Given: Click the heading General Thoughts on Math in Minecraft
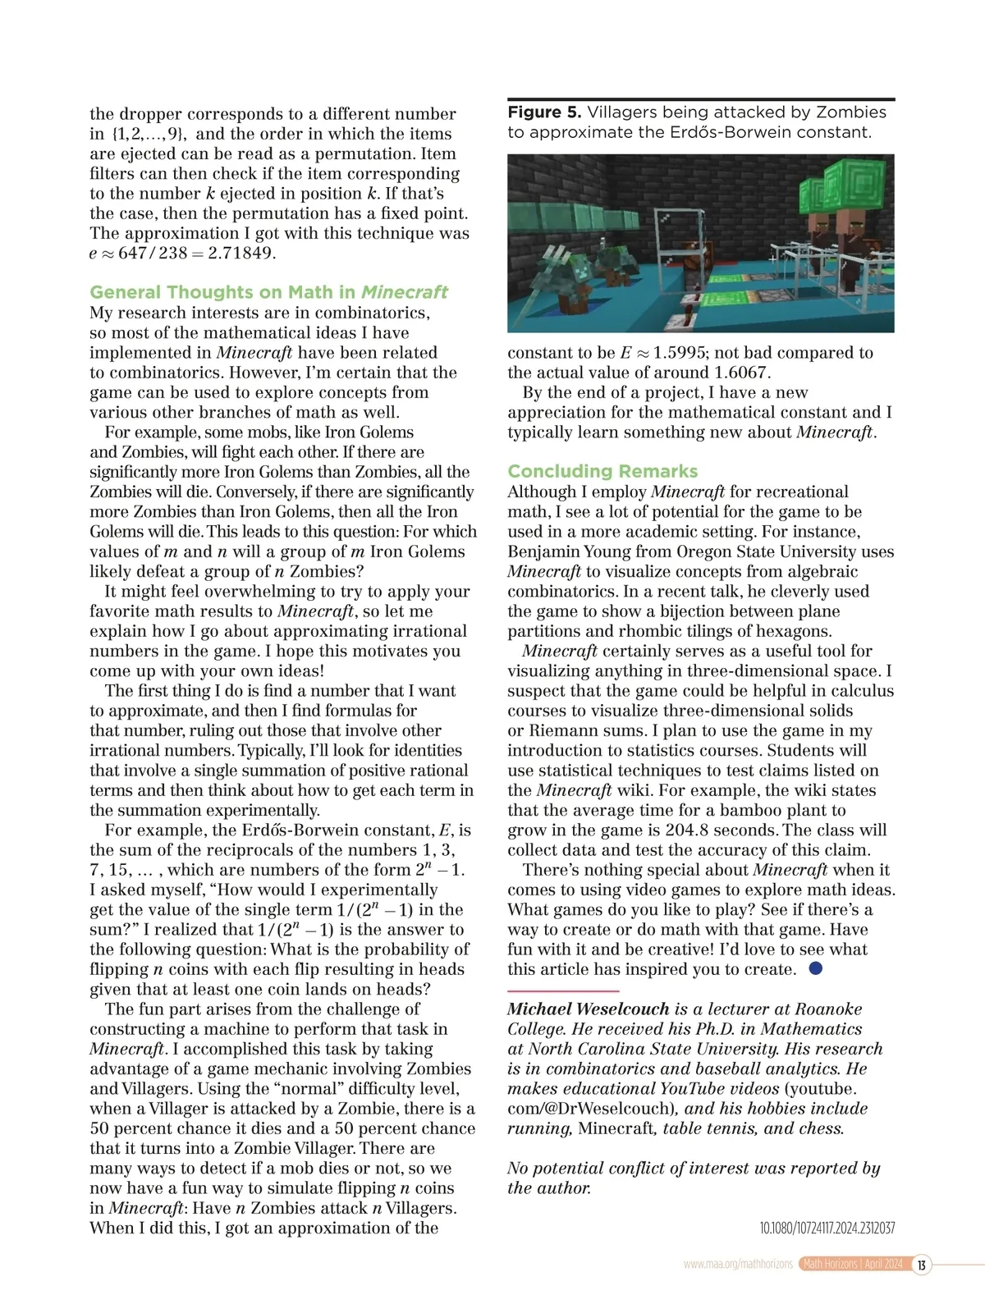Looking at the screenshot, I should pyautogui.click(x=268, y=292).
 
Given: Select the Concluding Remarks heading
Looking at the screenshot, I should pyautogui.click(x=602, y=471).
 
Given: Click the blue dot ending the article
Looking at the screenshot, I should pyautogui.click(x=815, y=968).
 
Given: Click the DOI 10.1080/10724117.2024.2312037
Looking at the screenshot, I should pyautogui.click(x=827, y=1228).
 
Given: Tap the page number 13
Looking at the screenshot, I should pyautogui.click(x=921, y=1265).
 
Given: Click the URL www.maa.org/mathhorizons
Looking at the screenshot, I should pyautogui.click(x=737, y=1265).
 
